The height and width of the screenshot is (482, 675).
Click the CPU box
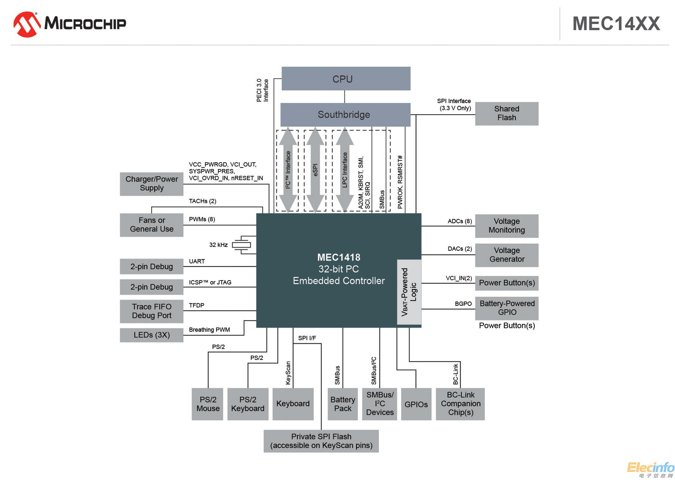(x=346, y=79)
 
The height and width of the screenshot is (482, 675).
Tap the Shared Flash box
(x=506, y=113)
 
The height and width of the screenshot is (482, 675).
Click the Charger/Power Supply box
(x=151, y=184)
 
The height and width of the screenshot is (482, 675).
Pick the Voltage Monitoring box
(x=506, y=226)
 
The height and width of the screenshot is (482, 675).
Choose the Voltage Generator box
(x=506, y=255)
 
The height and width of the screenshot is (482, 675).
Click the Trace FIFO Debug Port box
(x=151, y=311)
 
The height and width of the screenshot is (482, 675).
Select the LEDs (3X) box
(x=151, y=335)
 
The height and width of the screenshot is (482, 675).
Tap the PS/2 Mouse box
(x=208, y=404)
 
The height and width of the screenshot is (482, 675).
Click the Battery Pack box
(x=342, y=404)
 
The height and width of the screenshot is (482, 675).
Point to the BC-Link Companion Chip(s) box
(x=460, y=404)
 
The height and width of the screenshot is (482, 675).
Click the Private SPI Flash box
(x=321, y=441)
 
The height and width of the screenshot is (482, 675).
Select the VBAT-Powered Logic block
(x=409, y=292)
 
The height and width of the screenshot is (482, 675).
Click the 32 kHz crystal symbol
(x=242, y=245)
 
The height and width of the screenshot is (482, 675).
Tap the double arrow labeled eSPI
(x=315, y=170)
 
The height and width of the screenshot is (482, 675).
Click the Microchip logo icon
(x=27, y=24)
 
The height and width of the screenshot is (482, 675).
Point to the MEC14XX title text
(x=616, y=24)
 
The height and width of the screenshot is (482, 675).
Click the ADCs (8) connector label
(x=460, y=221)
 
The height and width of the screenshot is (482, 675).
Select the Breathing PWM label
(x=209, y=330)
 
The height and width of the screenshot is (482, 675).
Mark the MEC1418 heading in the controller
(x=338, y=257)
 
